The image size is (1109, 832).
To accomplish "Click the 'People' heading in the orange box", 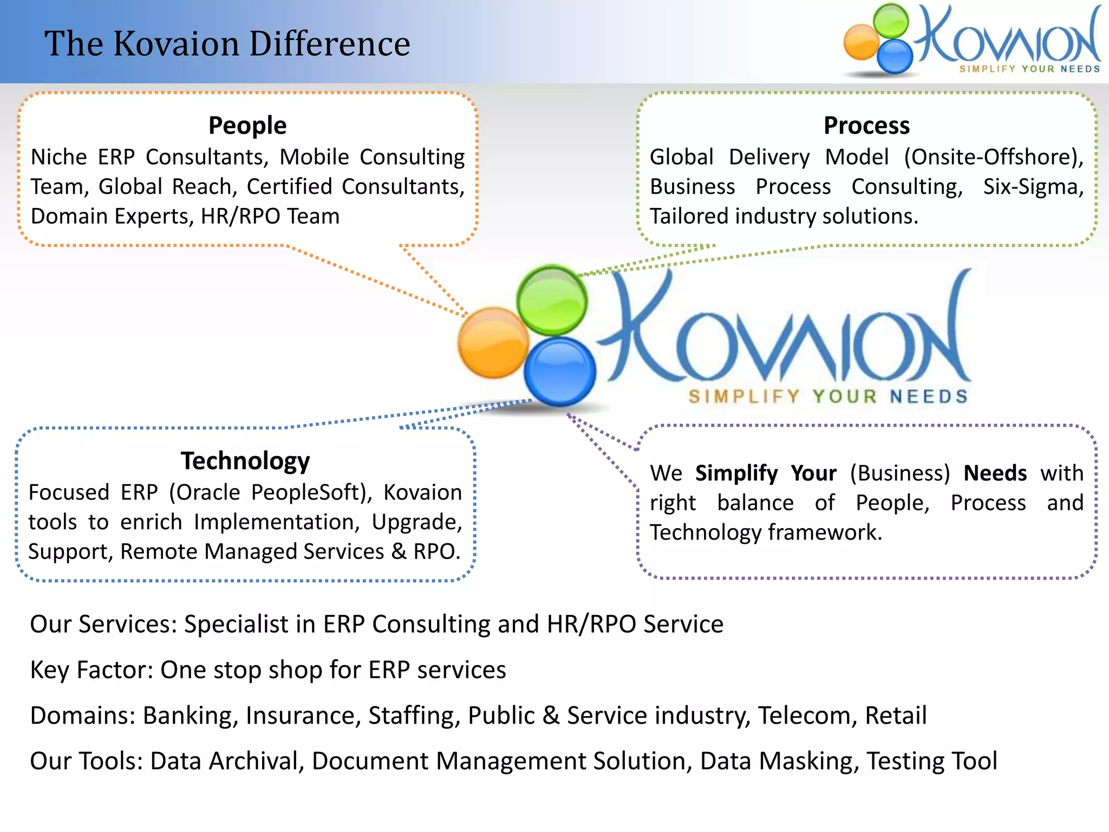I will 247,126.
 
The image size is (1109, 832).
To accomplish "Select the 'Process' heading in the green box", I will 866,126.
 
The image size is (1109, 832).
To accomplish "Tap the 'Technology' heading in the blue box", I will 245,461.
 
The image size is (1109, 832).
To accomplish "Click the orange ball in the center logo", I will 493,343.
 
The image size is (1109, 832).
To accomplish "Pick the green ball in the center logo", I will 551,300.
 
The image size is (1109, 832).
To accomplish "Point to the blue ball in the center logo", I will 560,372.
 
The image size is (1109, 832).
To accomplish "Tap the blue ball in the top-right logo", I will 895,56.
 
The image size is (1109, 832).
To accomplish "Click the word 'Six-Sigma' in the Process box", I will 1033,187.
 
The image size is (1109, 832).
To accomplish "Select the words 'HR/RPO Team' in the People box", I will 270,216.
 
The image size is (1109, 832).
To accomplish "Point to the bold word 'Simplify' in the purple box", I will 736,473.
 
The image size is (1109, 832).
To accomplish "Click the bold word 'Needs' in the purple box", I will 995,473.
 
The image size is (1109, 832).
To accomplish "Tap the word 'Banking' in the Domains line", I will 190,716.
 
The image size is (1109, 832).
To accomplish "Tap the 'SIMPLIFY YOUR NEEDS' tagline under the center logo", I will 827,396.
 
